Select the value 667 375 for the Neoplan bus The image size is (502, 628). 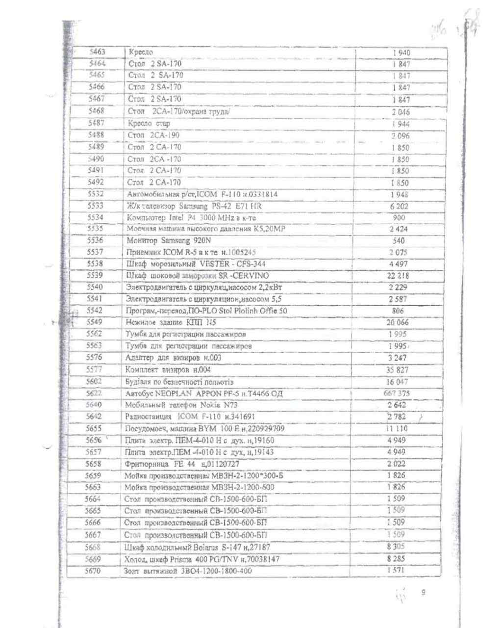tap(397, 393)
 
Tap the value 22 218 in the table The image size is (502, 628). tap(399, 276)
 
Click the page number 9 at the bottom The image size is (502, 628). tap(423, 592)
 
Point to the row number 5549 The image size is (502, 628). tap(94, 322)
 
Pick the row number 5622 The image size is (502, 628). tap(94, 393)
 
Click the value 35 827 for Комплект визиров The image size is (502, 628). tap(397, 370)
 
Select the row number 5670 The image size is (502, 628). tap(92, 571)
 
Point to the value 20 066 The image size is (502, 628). tap(398, 322)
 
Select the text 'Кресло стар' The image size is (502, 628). tap(149, 124)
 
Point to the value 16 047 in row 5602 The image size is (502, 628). tap(397, 382)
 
